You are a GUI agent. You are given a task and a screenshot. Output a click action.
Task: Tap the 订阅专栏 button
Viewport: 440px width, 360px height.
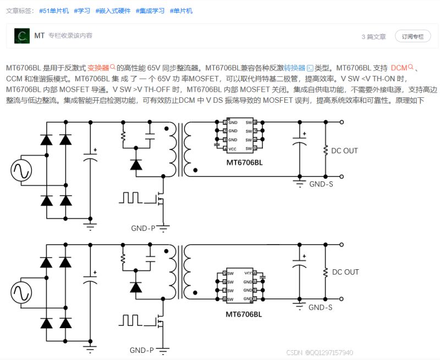(x=412, y=36)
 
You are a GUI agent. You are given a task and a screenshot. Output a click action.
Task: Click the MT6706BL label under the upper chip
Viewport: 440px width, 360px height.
(x=244, y=163)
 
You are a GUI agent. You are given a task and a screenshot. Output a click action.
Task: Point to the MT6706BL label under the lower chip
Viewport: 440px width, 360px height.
(x=244, y=315)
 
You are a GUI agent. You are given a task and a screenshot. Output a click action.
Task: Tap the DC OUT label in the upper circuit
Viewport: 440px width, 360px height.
(x=345, y=151)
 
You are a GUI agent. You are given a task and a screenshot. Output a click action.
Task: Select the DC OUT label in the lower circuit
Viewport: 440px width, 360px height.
(x=345, y=272)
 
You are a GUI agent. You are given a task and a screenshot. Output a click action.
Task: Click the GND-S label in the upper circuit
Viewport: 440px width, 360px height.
(x=321, y=184)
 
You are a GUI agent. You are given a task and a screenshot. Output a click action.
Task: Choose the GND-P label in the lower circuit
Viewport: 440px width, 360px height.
(x=142, y=350)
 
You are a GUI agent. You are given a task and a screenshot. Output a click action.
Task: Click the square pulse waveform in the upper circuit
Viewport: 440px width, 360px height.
(x=133, y=197)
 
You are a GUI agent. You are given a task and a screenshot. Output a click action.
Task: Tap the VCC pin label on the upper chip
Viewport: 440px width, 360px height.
(x=233, y=149)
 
